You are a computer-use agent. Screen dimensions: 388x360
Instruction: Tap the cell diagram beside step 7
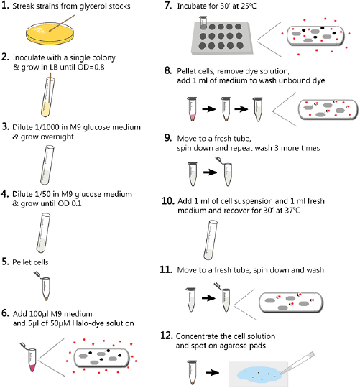318,39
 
